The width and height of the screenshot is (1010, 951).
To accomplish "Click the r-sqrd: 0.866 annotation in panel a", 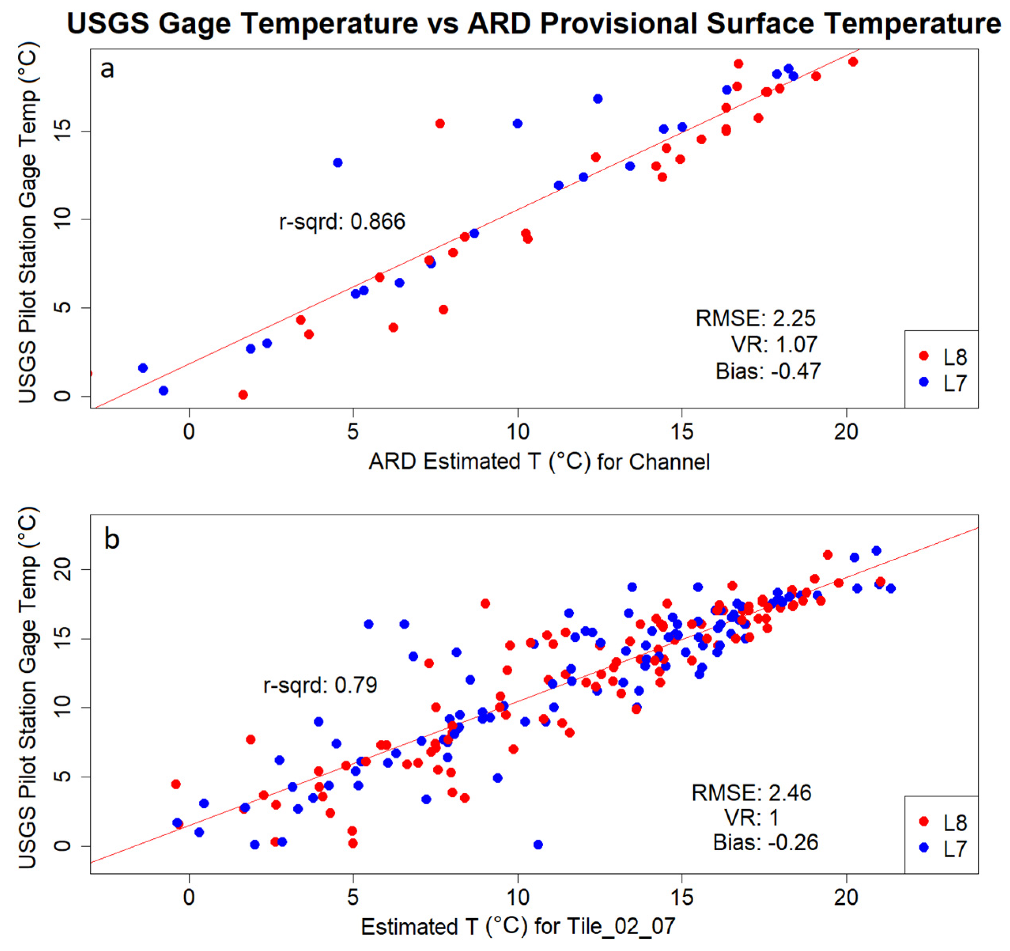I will coord(342,222).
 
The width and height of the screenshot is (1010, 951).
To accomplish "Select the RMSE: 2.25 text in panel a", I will coord(755,319).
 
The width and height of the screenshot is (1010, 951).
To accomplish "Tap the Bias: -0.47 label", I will coord(768,372).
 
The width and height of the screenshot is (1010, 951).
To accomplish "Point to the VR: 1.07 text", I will coord(774,345).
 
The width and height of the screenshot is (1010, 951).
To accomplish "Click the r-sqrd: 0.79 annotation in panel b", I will coord(320,685).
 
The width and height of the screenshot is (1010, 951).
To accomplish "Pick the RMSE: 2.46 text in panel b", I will coord(751,793).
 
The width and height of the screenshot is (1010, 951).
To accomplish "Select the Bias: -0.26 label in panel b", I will coord(766,843).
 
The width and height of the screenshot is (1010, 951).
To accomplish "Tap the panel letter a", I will coord(107,69).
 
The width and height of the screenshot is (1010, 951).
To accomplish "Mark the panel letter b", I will coord(112,539).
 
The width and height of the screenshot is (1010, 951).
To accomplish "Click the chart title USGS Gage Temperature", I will coord(533,24).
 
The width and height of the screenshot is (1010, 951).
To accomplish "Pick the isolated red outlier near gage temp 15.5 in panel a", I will coord(440,123).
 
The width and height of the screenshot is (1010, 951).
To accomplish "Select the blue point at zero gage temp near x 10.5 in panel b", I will coord(538,845).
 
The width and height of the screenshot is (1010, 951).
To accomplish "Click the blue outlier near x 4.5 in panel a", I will coord(337,162).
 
